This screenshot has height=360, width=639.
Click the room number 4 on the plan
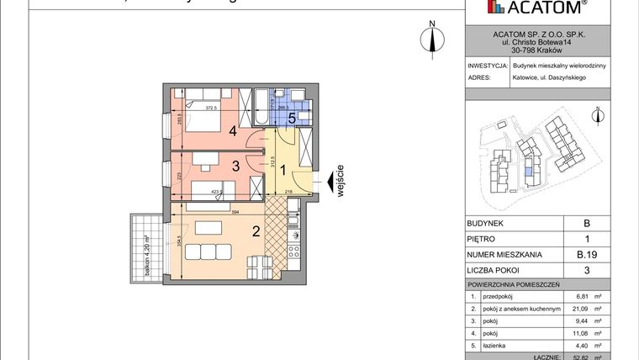[x=232, y=130]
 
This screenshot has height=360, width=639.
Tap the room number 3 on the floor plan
[x=237, y=167]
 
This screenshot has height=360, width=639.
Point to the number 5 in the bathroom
[x=291, y=119]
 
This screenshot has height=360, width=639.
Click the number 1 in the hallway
[x=283, y=171]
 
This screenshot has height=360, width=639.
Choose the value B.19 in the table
[x=587, y=255]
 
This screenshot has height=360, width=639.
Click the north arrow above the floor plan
[x=431, y=37]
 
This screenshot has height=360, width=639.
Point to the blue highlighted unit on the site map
[x=526, y=172]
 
